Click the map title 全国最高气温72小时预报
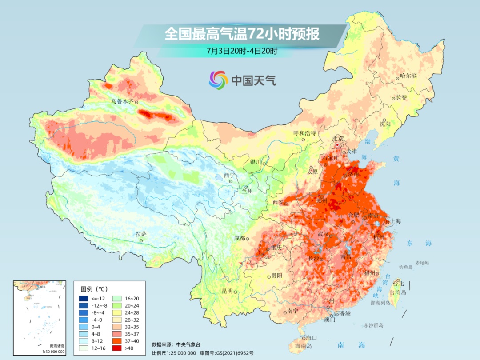(x=242, y=34)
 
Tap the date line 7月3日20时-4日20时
(x=242, y=51)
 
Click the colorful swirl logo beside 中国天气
(x=218, y=80)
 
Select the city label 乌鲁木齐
(x=122, y=101)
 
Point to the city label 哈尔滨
(x=408, y=76)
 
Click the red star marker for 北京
(x=337, y=145)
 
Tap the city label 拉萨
(x=141, y=234)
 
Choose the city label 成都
(x=240, y=238)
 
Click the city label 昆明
(x=227, y=291)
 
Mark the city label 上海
(x=395, y=221)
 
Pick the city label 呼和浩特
(x=304, y=133)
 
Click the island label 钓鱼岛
(x=406, y=267)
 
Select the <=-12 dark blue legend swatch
(x=84, y=298)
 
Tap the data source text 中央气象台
(x=188, y=344)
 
